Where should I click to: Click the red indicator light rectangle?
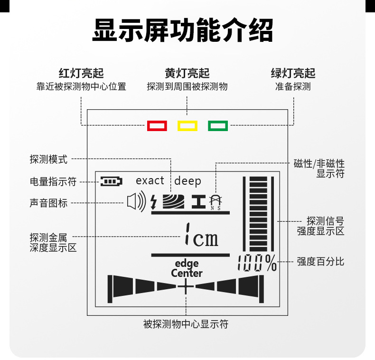pos(157,125)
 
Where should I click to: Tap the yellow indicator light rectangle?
pos(187,125)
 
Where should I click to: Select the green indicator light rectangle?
pos(218,125)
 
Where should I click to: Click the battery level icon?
pos(111,181)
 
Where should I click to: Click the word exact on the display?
pos(150,180)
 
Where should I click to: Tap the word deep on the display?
pos(187,181)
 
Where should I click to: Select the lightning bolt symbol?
pos(154,202)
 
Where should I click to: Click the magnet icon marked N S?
pos(216,202)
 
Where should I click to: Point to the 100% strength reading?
pos(257,263)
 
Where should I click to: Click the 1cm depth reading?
pos(202,235)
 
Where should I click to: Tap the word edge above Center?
pos(187,264)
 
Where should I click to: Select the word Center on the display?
pos(187,274)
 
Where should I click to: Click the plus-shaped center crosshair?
pos(186,286)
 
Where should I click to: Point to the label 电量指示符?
pos(53,181)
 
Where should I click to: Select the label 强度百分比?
pos(320,261)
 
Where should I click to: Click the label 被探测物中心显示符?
pos(186,324)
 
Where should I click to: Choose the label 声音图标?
pos(48,203)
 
